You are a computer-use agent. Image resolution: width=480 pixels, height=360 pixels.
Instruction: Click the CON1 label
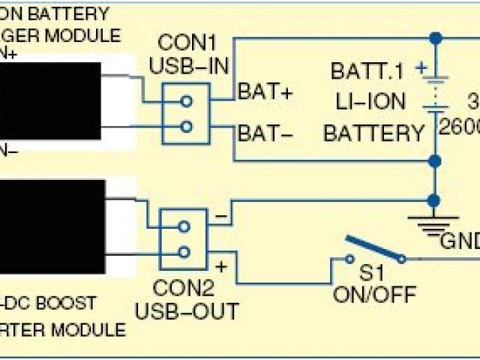(181, 43)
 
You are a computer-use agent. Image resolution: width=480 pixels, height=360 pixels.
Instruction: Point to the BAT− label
(265, 134)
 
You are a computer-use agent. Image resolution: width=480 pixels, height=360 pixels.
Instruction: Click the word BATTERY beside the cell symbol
(373, 133)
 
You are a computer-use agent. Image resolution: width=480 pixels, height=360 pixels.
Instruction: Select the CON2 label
(181, 287)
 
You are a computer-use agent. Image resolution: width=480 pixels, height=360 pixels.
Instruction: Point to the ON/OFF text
(374, 295)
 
